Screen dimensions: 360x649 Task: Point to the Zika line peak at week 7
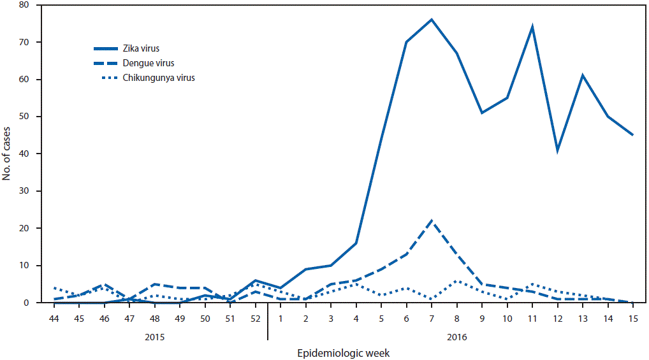432,19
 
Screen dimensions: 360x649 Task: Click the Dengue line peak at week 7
432,220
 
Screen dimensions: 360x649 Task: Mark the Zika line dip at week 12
558,151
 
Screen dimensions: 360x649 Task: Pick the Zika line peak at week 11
532,27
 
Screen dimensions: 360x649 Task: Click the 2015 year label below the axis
154,336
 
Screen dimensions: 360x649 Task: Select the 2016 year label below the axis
456,336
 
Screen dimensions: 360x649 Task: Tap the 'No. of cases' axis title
7,154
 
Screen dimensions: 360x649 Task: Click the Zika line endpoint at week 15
632,135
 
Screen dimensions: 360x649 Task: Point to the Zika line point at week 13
583,75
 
